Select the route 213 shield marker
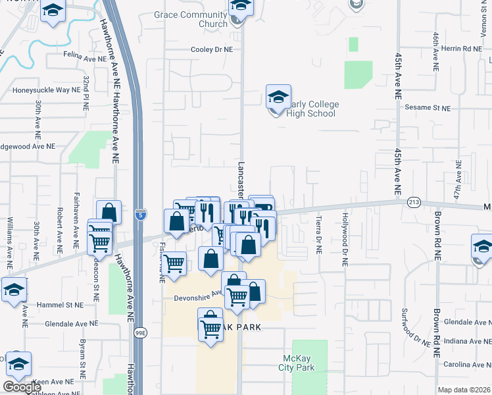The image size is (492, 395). (x=413, y=201)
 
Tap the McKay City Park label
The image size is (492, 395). (x=295, y=363)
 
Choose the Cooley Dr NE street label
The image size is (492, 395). (x=212, y=49)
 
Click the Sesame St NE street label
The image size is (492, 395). (x=428, y=108)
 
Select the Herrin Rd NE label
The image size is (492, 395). (x=462, y=49)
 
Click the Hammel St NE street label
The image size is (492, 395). (x=60, y=305)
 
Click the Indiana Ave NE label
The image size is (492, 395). (x=467, y=341)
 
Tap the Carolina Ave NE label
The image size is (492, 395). (x=466, y=364)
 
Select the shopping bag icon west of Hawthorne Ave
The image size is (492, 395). (x=109, y=213)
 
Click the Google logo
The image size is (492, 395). (x=22, y=388)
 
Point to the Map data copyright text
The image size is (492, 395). (x=464, y=390)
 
